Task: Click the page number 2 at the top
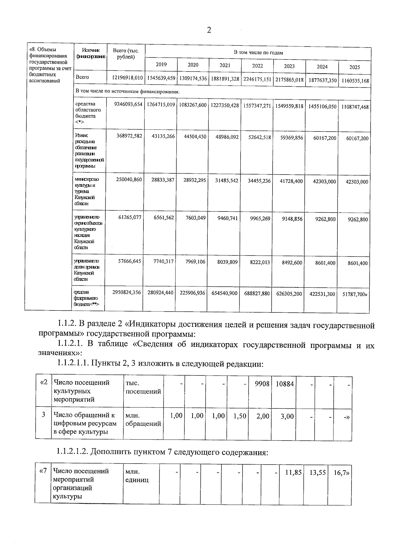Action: (x=209, y=30)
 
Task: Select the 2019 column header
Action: (x=161, y=65)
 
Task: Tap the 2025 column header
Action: (x=355, y=67)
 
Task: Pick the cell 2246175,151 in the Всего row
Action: (x=257, y=79)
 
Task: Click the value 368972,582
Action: (x=129, y=136)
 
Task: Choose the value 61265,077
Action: (x=130, y=217)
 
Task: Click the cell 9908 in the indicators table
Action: (x=262, y=384)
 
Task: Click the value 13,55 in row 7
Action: (x=317, y=473)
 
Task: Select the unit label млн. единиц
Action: (x=137, y=475)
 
